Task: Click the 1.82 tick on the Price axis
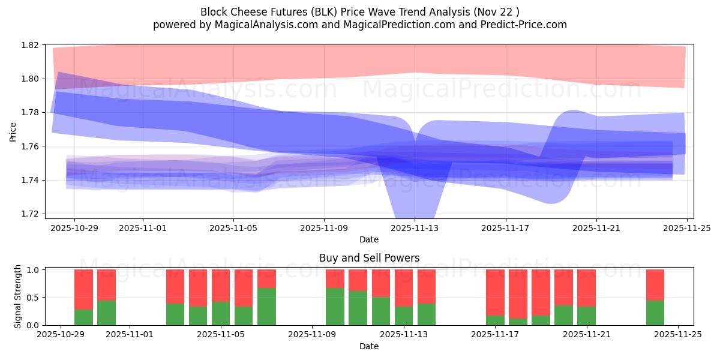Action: pyautogui.click(x=31, y=45)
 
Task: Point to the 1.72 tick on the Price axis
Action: pyautogui.click(x=31, y=214)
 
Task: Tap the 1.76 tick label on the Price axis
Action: pyautogui.click(x=31, y=146)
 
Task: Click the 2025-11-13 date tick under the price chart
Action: pyautogui.click(x=415, y=228)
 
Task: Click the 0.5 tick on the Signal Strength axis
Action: pyautogui.click(x=34, y=298)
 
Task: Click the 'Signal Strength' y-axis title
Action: pyautogui.click(x=18, y=296)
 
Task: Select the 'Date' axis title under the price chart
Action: pyautogui.click(x=368, y=239)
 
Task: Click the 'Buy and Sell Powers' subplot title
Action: pyautogui.click(x=368, y=258)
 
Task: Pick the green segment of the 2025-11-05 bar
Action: pyautogui.click(x=221, y=313)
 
